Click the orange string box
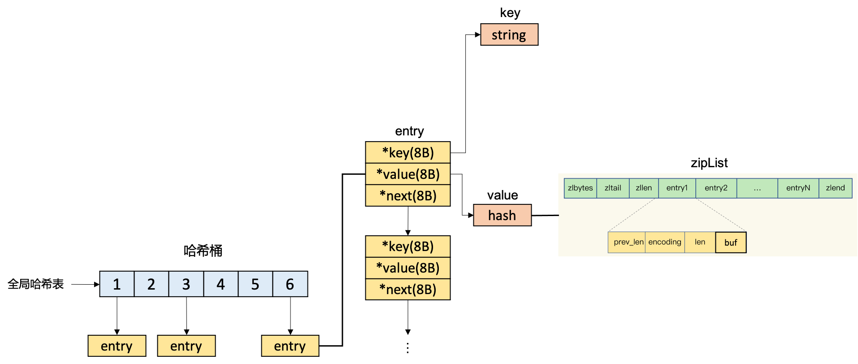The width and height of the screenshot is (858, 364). click(509, 35)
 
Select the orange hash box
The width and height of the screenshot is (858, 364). click(502, 215)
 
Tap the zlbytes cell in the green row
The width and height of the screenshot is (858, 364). click(580, 188)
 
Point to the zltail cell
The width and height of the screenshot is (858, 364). click(613, 188)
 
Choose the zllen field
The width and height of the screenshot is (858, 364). click(644, 188)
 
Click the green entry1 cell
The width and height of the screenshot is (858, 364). click(677, 188)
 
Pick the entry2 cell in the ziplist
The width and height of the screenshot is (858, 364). click(716, 188)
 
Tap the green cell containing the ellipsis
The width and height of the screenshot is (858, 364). click(757, 188)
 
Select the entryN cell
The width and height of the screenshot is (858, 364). click(798, 188)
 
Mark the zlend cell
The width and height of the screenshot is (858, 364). click(835, 188)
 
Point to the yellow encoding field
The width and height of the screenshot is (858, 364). click(665, 242)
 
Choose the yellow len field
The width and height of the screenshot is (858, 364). click(700, 242)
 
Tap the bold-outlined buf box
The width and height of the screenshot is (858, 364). click(731, 243)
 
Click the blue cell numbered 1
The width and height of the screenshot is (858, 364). click(117, 284)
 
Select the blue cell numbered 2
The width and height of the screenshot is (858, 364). click(152, 284)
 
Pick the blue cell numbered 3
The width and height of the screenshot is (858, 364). click(186, 284)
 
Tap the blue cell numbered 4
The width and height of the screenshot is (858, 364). click(221, 284)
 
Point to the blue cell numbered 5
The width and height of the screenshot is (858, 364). click(255, 284)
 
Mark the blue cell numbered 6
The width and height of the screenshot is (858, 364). click(290, 284)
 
